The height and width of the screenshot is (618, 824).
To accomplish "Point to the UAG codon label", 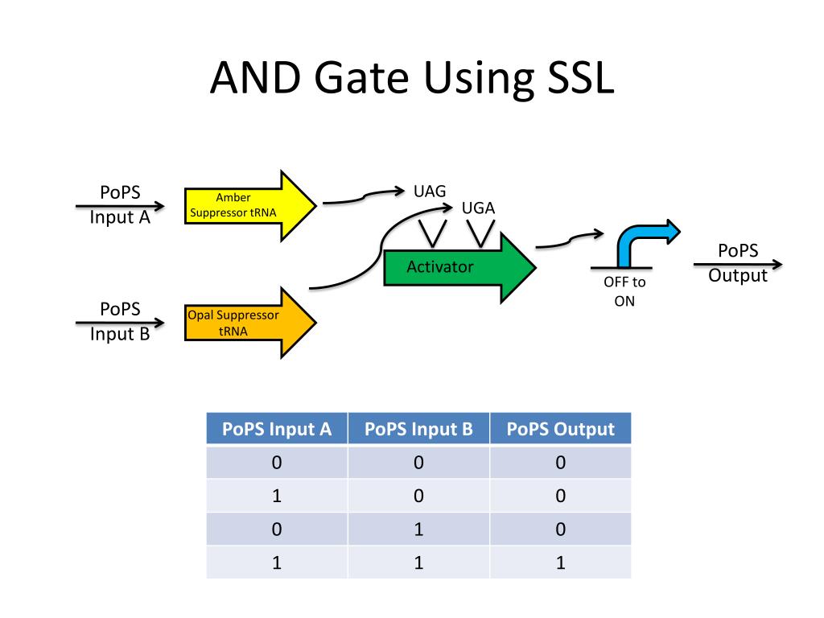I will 429,192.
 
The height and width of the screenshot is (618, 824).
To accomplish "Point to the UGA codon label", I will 478,208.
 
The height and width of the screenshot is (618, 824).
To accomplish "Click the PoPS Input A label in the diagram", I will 120,204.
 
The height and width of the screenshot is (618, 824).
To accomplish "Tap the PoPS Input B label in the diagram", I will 120,321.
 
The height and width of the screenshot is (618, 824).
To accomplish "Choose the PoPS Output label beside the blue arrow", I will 738,263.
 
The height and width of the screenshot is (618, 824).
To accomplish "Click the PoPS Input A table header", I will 277,429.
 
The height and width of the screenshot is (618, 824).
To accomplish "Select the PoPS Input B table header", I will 418,429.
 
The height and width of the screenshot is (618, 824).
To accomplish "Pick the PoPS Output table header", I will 560,429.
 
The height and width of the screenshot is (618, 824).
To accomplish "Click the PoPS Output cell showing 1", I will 560,562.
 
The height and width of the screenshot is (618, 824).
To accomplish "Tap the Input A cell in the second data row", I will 277,496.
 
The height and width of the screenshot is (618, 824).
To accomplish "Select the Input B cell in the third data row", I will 418,529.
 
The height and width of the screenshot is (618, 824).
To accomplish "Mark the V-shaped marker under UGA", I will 481,234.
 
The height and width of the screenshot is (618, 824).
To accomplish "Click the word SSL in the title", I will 567,81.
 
